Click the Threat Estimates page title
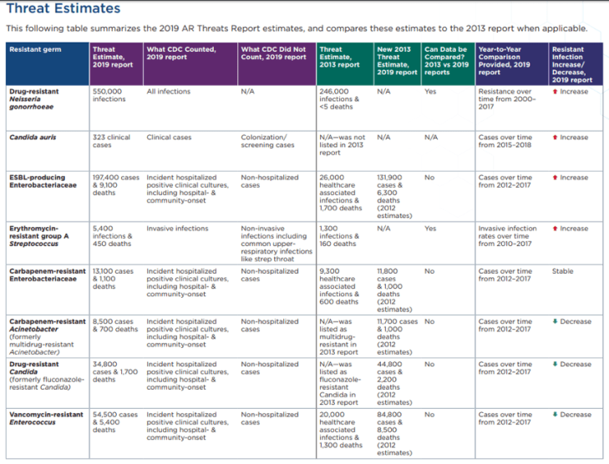(63, 9)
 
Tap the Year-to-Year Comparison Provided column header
(505, 60)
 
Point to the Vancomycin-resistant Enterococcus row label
(46, 419)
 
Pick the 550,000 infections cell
(108, 95)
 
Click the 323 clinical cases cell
(111, 140)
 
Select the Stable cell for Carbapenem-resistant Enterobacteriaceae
(563, 271)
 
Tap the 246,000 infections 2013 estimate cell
(339, 98)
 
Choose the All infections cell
(168, 91)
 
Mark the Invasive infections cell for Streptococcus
(177, 228)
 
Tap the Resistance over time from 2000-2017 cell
(505, 98)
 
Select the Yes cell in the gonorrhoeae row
(430, 91)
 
